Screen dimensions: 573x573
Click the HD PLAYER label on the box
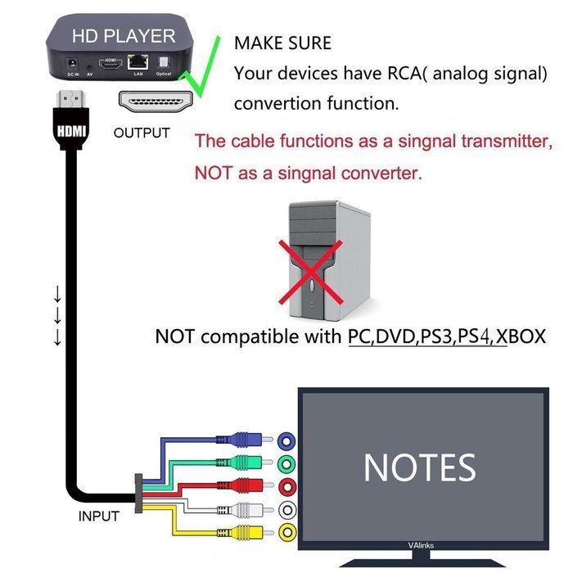point(123,36)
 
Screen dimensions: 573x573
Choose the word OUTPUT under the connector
point(142,133)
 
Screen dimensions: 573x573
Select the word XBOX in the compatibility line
point(521,336)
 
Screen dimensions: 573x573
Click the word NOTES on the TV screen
point(419,467)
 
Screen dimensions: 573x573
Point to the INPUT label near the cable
point(98,517)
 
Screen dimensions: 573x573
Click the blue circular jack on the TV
point(286,440)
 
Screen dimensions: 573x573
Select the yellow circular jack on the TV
point(286,534)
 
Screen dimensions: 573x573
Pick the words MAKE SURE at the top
point(282,43)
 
